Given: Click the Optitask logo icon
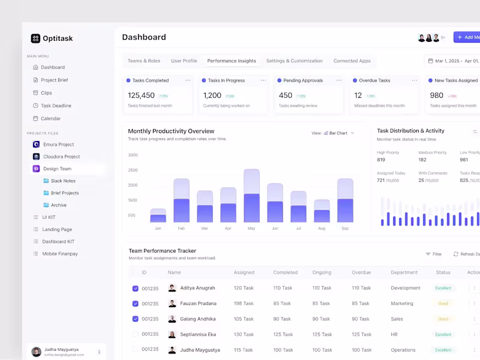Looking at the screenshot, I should click(35, 38).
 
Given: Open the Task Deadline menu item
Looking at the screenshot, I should click(56, 106).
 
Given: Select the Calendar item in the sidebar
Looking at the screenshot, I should click(50, 118).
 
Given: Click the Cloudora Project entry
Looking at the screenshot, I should click(61, 157).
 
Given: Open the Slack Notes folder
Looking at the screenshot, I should click(63, 181).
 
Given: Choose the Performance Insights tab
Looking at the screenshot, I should click(232, 61).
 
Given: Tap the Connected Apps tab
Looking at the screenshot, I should click(352, 61).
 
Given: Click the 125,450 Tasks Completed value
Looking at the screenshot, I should click(141, 95).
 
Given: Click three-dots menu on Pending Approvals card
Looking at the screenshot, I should click(339, 80).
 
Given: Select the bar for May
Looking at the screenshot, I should click(251, 196).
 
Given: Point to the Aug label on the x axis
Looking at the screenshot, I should click(322, 229).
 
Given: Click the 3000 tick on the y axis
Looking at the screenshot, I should click(133, 155).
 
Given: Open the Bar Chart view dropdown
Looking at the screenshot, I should click(340, 133).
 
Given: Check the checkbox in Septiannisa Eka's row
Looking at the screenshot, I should click(135, 334).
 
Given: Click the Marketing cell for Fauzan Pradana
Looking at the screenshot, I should click(402, 304).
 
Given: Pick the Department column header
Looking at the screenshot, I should click(404, 272).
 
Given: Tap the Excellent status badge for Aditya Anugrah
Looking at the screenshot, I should click(443, 288).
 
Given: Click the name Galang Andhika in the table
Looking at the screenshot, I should click(198, 319).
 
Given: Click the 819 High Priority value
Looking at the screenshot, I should click(381, 160).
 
